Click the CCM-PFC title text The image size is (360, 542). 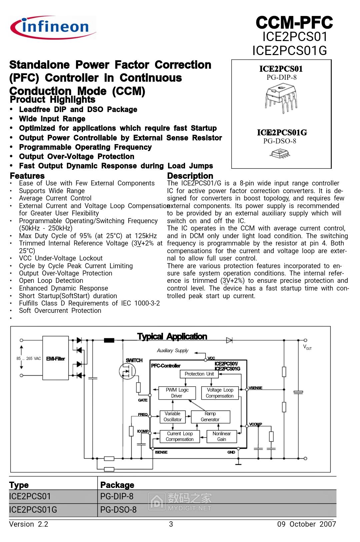294,23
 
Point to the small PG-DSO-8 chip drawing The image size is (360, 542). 279,153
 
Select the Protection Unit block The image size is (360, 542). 199,374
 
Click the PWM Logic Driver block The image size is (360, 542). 177,393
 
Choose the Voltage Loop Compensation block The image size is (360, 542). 220,393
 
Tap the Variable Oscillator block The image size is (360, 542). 172,417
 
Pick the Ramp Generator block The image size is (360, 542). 210,417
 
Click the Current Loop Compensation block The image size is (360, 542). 180,436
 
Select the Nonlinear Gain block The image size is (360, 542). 222,436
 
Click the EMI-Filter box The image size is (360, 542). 55,359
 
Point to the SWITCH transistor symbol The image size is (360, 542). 127,371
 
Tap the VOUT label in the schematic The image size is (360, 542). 307,347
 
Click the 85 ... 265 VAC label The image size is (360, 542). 29,359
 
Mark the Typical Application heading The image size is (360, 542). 172,337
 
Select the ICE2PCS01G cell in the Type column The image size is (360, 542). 33,510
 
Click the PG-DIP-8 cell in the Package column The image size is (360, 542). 117,496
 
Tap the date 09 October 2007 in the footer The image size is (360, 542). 306,524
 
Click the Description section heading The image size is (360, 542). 190,176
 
